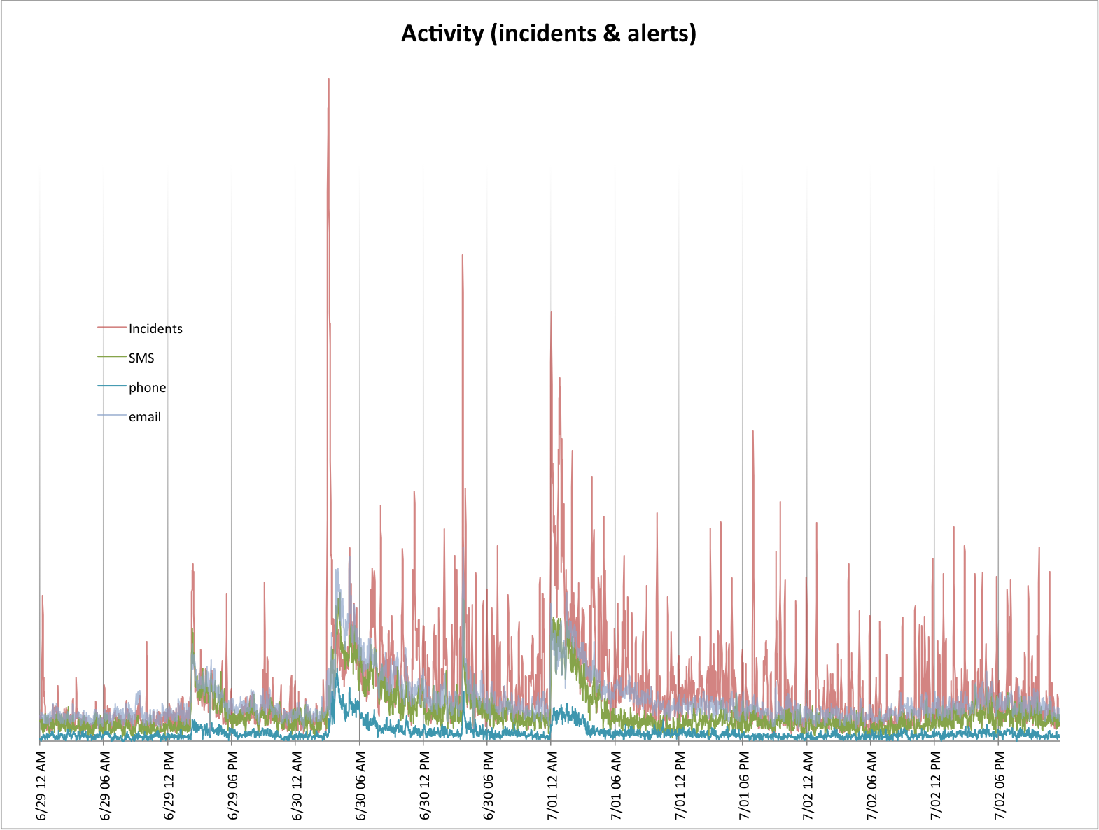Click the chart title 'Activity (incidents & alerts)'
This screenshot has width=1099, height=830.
pos(549,34)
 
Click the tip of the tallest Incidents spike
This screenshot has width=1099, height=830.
pos(328,80)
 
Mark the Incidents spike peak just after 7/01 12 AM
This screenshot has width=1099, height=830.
pos(552,313)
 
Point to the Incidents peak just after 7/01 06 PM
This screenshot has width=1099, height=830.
pos(752,431)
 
